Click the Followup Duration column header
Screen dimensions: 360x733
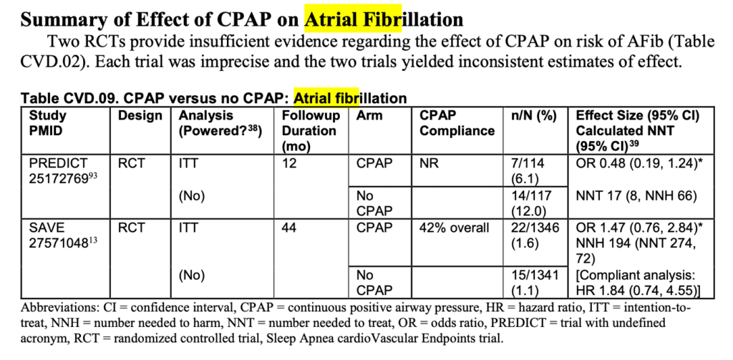pos(309,130)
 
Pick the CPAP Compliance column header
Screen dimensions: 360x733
pos(457,123)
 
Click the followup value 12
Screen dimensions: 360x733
pos(290,163)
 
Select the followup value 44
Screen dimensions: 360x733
pos(291,228)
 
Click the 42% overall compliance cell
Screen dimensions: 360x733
pos(455,228)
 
